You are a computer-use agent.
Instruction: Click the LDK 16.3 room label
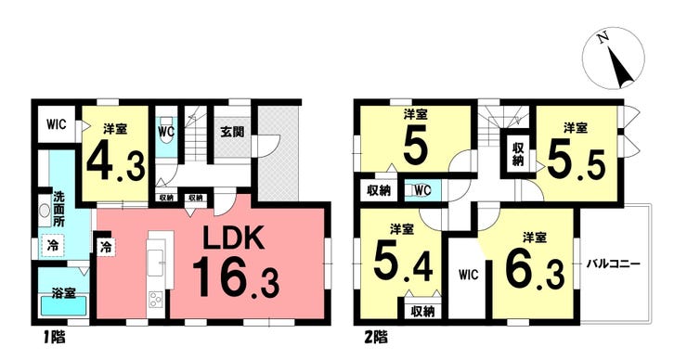point(235,262)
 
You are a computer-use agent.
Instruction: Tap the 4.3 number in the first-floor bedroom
point(116,160)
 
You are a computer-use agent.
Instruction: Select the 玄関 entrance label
point(232,132)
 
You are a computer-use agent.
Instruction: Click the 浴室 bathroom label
point(63,292)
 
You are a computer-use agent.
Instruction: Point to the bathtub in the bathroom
point(63,305)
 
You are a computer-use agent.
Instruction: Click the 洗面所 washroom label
point(58,209)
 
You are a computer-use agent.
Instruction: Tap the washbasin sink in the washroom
point(45,212)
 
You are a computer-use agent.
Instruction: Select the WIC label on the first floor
point(57,124)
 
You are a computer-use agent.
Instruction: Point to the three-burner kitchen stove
point(156,301)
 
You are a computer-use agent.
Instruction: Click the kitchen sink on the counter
point(156,262)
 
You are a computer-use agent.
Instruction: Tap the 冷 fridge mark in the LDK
point(106,248)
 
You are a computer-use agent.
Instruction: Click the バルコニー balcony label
point(614,264)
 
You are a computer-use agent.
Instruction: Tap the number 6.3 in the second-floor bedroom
point(535,269)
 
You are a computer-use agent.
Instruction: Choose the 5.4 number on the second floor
point(403,264)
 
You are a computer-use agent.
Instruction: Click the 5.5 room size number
point(576,164)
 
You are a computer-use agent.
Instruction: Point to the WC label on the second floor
point(422,190)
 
